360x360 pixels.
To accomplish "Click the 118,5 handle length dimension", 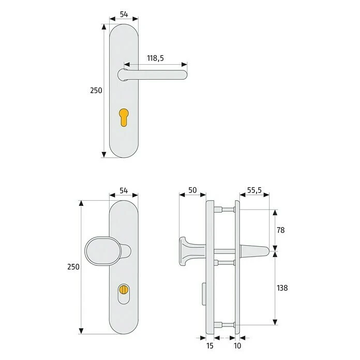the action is (x=156, y=58).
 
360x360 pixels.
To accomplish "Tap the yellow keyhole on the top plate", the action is (x=124, y=117).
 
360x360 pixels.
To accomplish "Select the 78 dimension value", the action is (x=280, y=230).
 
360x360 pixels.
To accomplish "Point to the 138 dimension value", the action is (x=282, y=288).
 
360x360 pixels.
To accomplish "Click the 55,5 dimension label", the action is (x=254, y=190).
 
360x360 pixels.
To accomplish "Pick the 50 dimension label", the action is (x=192, y=190).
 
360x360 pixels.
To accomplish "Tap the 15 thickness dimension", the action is (x=210, y=346).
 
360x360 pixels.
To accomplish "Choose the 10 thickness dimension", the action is (x=237, y=346).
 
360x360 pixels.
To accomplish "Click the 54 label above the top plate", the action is (x=124, y=14).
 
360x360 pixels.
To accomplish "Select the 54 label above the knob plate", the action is (x=124, y=190).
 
